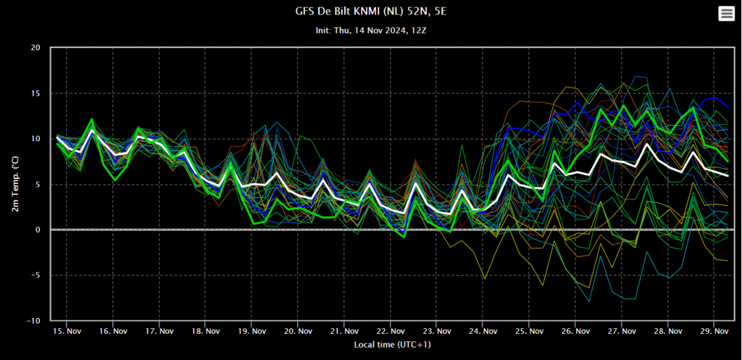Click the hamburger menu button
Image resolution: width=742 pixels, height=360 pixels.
point(726,14)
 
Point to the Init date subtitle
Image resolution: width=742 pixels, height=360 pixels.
point(370,30)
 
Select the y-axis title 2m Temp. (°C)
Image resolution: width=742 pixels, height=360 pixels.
point(16,184)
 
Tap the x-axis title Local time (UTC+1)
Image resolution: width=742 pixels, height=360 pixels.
point(392,345)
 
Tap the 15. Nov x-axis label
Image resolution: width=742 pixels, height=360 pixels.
point(67,332)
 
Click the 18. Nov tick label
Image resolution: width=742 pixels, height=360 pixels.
point(205,332)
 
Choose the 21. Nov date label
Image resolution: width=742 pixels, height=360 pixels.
point(344,332)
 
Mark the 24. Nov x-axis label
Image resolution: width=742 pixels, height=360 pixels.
point(483,332)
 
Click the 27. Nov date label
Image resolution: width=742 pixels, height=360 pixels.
point(621,332)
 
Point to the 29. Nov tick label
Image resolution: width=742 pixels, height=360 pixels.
point(714,332)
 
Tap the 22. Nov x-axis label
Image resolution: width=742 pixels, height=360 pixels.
point(391,332)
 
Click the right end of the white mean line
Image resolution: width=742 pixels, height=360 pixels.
point(728,175)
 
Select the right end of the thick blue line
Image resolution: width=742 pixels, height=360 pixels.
point(728,107)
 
